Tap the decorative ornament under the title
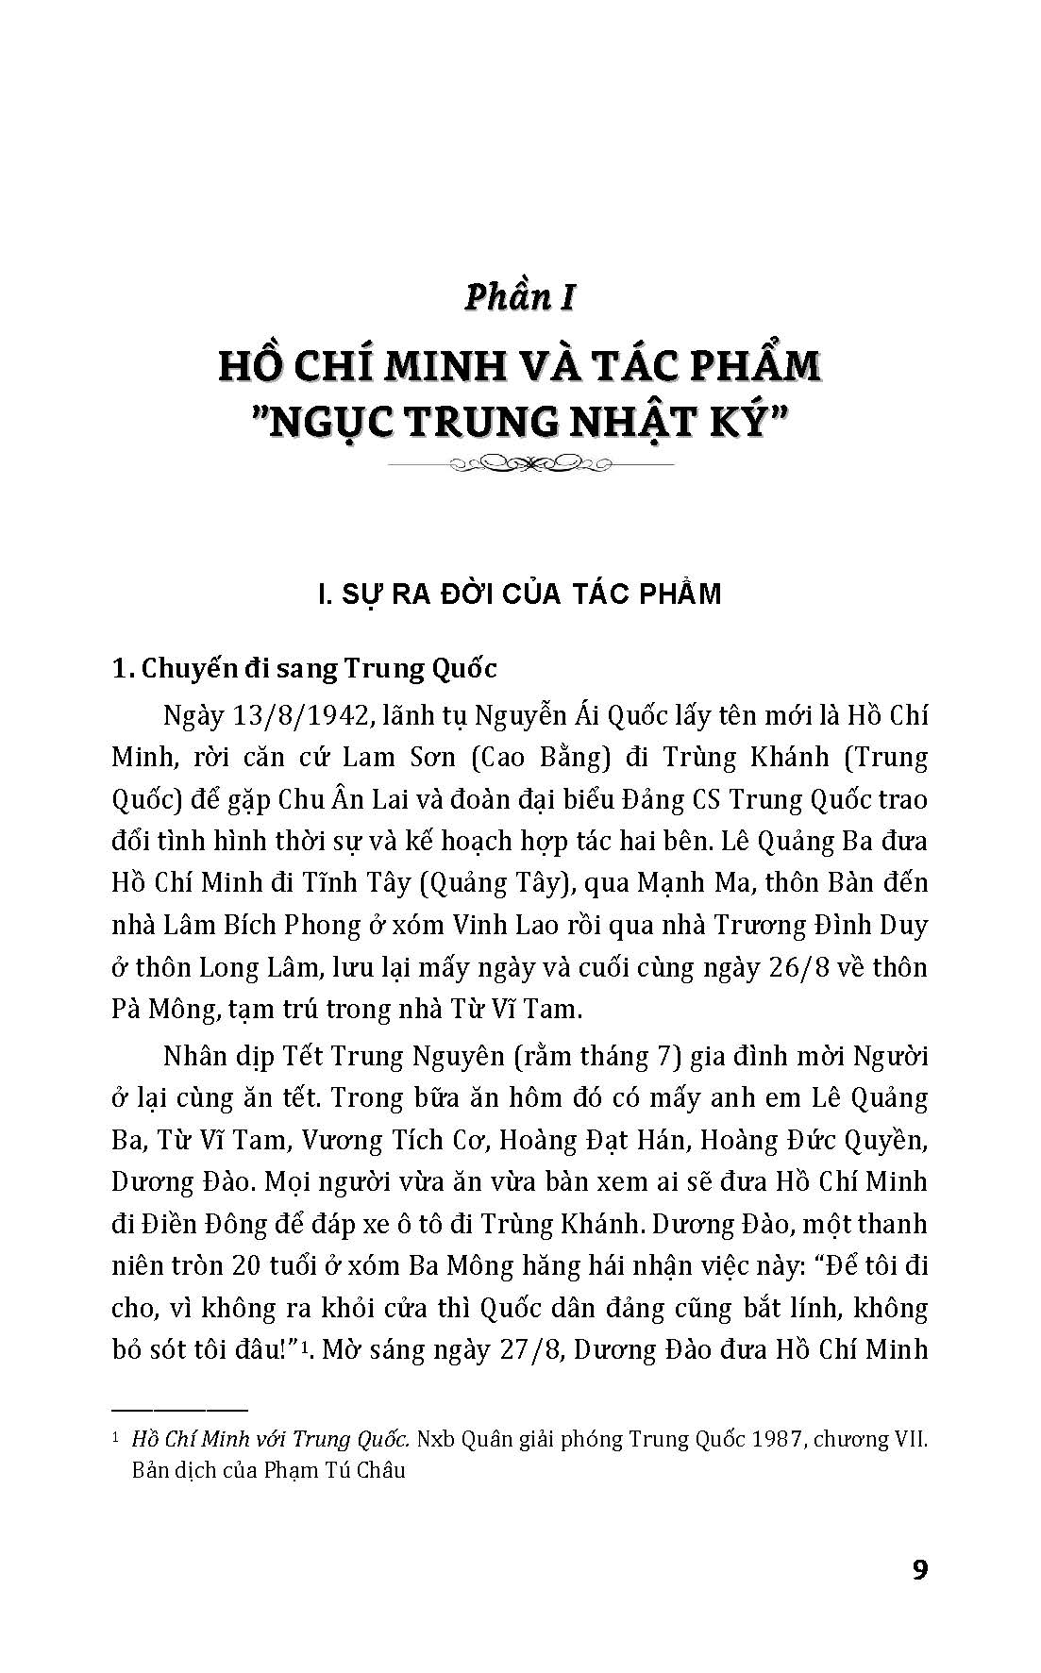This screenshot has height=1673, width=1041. point(520,463)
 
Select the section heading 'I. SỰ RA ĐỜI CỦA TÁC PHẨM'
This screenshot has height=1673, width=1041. point(520,594)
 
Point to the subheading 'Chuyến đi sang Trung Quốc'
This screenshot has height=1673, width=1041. point(318,669)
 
